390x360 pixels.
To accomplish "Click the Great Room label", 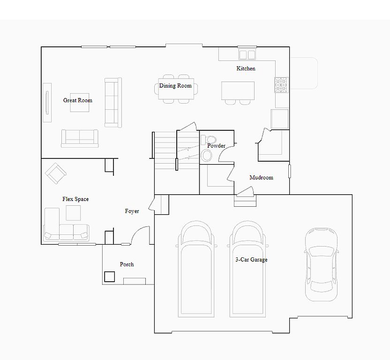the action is tap(78, 100).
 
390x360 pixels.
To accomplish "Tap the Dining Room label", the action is tap(175, 86).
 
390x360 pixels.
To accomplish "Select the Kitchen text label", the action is tap(246, 68).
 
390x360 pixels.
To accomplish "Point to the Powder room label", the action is tap(217, 145).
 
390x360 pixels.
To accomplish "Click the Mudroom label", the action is tap(261, 177).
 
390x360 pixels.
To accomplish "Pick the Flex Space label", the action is tap(75, 199).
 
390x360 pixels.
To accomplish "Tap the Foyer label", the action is tap(132, 211).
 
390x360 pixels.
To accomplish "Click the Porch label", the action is tap(127, 264).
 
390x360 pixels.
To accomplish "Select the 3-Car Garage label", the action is tap(251, 260).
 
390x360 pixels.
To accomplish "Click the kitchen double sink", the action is tap(247, 54).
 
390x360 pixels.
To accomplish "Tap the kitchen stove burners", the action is tap(281, 85).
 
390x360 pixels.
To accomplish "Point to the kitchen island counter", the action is tap(238, 90).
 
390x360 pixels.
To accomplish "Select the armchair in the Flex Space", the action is tap(55, 173).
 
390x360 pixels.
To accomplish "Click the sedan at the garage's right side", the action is tap(322, 264).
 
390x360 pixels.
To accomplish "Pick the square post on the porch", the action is tap(109, 277).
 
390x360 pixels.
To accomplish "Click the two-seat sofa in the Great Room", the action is tap(80, 138).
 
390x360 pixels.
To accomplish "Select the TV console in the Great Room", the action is tap(47, 103).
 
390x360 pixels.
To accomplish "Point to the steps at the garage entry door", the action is tap(245, 201).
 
